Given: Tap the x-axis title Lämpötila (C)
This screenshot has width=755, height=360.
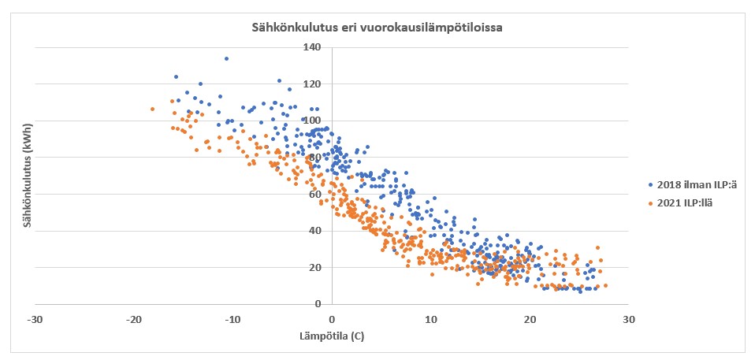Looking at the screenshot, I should click(331, 336).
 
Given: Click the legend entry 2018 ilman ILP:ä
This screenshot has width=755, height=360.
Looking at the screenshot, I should click(696, 185).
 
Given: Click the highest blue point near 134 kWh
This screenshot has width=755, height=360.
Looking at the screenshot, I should click(226, 58).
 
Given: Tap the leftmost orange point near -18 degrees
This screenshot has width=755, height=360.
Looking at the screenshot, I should click(152, 109).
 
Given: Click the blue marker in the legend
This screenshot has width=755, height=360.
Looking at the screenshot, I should click(650, 185).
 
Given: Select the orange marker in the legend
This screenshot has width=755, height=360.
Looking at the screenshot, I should click(650, 203).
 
